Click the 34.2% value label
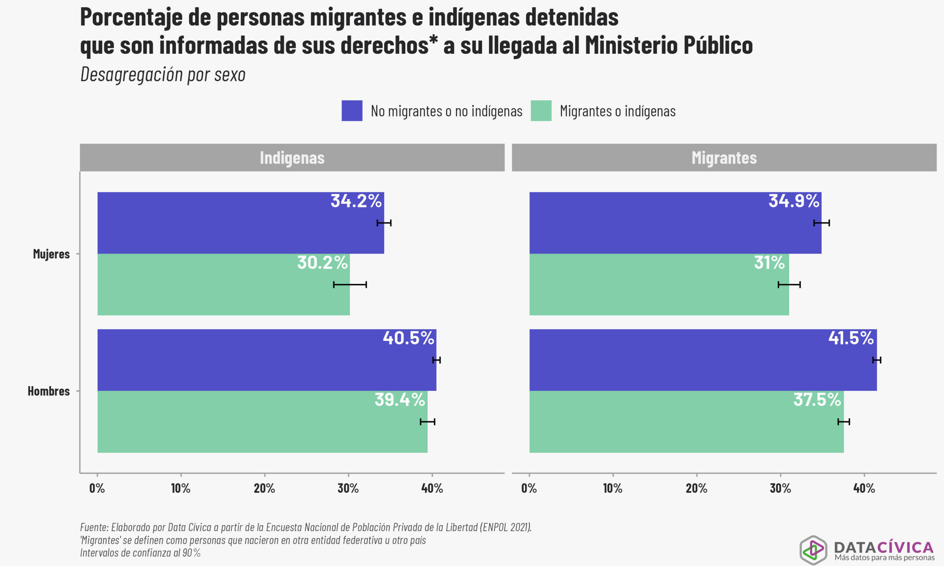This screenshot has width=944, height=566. (355, 201)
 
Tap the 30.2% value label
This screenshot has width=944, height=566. (322, 263)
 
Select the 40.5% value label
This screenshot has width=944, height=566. (408, 338)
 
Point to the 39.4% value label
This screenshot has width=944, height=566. (399, 400)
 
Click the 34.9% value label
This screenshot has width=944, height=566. (794, 201)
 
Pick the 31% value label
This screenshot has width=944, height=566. (769, 263)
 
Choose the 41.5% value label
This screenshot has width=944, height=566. (851, 338)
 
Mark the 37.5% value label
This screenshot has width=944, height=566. (817, 400)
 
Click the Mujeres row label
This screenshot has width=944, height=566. (51, 254)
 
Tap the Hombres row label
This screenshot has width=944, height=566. (48, 391)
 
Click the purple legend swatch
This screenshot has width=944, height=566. (352, 111)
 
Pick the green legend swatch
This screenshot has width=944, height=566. (541, 111)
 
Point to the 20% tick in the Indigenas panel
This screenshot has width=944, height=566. (264, 488)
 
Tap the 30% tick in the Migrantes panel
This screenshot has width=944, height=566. (780, 488)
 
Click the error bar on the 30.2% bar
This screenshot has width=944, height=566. (350, 284)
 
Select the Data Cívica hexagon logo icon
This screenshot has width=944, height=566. (813, 549)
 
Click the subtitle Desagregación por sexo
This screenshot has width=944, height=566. (163, 74)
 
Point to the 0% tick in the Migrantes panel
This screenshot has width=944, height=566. (529, 488)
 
